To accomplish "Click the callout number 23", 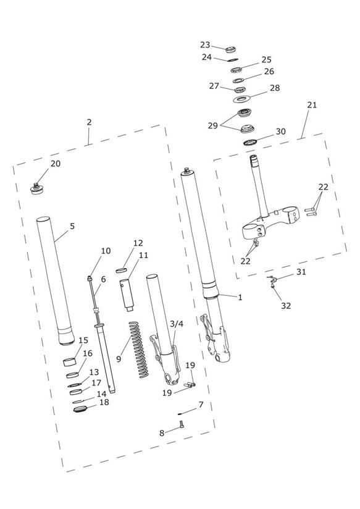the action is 205,44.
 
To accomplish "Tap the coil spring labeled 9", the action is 138,350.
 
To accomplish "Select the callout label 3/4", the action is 177,324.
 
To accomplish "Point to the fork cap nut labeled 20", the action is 36,188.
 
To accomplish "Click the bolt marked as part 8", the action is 182,424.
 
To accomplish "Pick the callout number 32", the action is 286,306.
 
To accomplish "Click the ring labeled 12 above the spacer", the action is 120,270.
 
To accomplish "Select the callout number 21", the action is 312,105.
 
